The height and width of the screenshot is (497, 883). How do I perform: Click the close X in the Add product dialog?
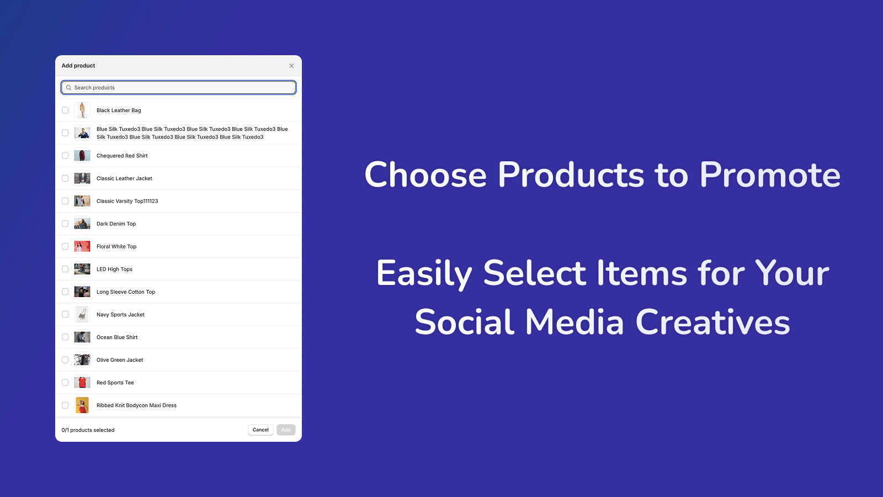[291, 66]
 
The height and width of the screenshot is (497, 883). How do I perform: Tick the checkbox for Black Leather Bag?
[65, 110]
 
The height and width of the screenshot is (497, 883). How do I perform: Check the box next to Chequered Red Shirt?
[65, 155]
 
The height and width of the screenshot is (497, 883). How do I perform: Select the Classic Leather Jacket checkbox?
[65, 178]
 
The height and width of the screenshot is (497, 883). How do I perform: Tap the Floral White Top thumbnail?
[82, 246]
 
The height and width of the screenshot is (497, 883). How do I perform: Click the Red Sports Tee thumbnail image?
[82, 383]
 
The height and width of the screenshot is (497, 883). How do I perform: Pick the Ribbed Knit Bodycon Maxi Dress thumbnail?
[82, 405]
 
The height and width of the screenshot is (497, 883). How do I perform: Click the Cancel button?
[260, 430]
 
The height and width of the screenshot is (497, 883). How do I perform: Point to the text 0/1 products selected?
[88, 430]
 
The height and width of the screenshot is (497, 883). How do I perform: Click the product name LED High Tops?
[114, 269]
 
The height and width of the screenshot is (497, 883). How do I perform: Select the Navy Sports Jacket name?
[120, 314]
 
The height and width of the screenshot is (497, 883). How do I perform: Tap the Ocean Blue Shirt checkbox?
[65, 337]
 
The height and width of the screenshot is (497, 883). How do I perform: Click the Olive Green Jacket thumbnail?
[82, 359]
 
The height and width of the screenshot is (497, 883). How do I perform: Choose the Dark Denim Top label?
[116, 224]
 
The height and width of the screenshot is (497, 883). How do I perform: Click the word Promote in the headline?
[769, 175]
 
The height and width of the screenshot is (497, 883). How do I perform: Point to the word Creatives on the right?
[712, 322]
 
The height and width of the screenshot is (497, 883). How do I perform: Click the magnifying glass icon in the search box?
[68, 88]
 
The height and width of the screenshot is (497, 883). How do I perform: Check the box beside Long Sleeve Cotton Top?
[65, 292]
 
